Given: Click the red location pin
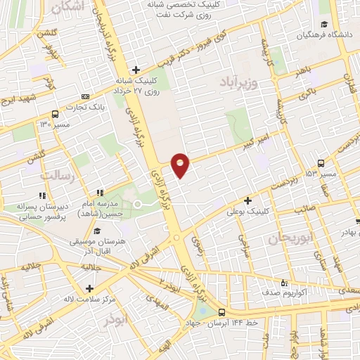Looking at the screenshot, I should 181,165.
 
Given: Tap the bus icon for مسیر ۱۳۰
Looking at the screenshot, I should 55,115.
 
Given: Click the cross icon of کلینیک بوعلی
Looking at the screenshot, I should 247,200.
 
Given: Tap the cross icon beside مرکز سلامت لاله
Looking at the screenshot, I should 89,288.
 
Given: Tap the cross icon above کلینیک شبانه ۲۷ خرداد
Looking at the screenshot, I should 136,69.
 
